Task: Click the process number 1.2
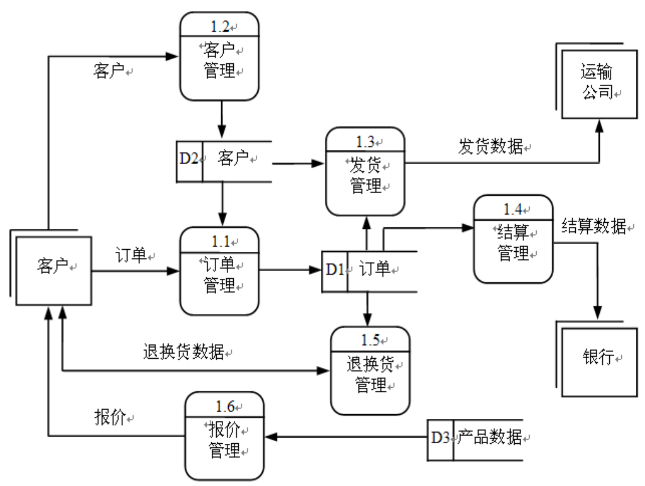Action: tap(220, 27)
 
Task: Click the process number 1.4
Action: tap(513, 209)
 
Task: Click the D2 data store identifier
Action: tap(189, 158)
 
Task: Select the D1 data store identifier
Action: tap(335, 270)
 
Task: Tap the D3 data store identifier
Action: tap(440, 437)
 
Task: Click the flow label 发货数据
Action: tap(490, 147)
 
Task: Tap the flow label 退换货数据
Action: tap(183, 352)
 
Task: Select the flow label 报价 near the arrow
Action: tap(110, 417)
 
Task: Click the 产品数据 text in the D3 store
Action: tap(489, 437)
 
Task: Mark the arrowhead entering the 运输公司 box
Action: tap(599, 126)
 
